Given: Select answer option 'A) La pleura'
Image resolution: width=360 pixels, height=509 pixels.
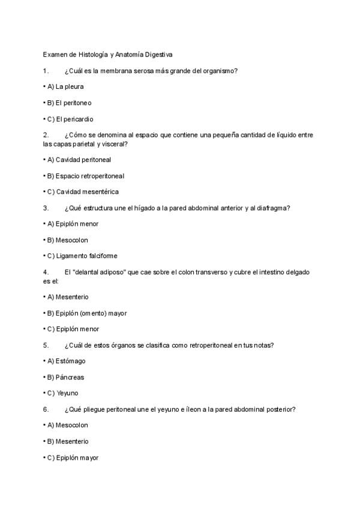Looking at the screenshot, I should tap(65, 86).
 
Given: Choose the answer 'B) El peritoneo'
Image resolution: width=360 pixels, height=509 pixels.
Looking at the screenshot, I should tap(70, 103).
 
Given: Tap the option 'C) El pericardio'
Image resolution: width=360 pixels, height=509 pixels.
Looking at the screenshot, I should tap(70, 119).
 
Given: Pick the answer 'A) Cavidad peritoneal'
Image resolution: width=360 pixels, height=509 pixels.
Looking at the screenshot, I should tap(79, 160).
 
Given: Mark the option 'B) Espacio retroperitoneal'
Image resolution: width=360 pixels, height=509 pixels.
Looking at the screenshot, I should tap(86, 176).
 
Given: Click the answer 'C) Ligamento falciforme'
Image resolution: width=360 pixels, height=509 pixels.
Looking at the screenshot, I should tap(83, 256).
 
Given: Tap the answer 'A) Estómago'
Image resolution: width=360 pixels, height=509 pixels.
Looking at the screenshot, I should tap(67, 361).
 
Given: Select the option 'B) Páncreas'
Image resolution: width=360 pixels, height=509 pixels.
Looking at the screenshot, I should tap(66, 377).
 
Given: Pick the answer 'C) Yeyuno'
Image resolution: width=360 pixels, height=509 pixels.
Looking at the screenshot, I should tap(63, 393).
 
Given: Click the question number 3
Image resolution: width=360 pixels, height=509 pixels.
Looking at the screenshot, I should tap(46, 208).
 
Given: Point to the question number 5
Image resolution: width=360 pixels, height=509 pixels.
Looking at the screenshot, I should tap(46, 345).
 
